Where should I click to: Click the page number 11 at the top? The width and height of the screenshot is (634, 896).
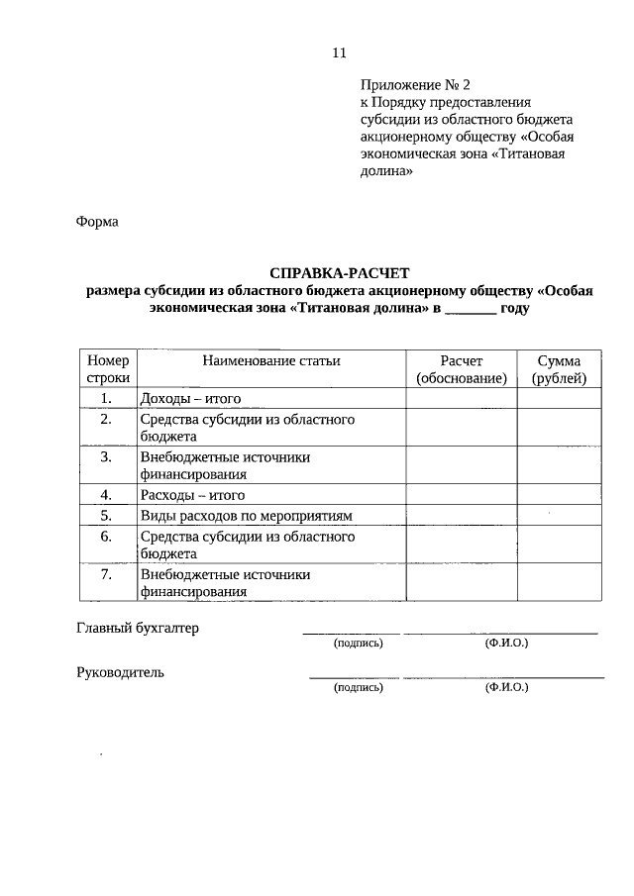pos(339,52)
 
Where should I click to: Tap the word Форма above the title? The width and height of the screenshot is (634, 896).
pos(97,222)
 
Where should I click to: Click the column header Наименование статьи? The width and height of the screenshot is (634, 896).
pos(270,361)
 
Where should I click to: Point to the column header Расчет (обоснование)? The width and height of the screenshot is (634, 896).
pos(461,369)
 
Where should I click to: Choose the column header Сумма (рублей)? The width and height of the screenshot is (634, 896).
pos(559,369)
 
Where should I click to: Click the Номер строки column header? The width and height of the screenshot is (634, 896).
pos(107,369)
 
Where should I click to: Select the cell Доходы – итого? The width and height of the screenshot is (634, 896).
pos(191,399)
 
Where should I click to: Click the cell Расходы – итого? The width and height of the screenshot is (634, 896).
pos(192,495)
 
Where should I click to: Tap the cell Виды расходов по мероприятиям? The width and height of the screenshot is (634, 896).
pos(247,516)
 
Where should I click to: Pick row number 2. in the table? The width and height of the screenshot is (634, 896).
pos(107,420)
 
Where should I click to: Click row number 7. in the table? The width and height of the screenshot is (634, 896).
pos(107,574)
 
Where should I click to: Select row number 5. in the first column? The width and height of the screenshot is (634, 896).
pos(107,516)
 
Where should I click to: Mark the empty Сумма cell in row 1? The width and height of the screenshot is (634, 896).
pos(559,399)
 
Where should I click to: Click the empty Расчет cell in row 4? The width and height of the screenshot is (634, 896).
pos(461,495)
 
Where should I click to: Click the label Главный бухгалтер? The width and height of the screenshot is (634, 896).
pos(138,629)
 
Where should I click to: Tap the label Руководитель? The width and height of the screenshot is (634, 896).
pos(121,672)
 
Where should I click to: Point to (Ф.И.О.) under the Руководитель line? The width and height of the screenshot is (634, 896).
pos(506,686)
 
